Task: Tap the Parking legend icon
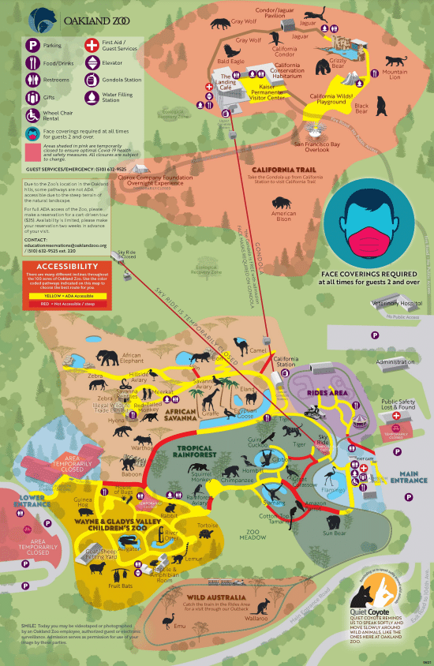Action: pyautogui.click(x=34, y=46)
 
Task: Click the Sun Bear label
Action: pyautogui.click(x=334, y=533)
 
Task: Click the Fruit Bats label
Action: pyautogui.click(x=120, y=586)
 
